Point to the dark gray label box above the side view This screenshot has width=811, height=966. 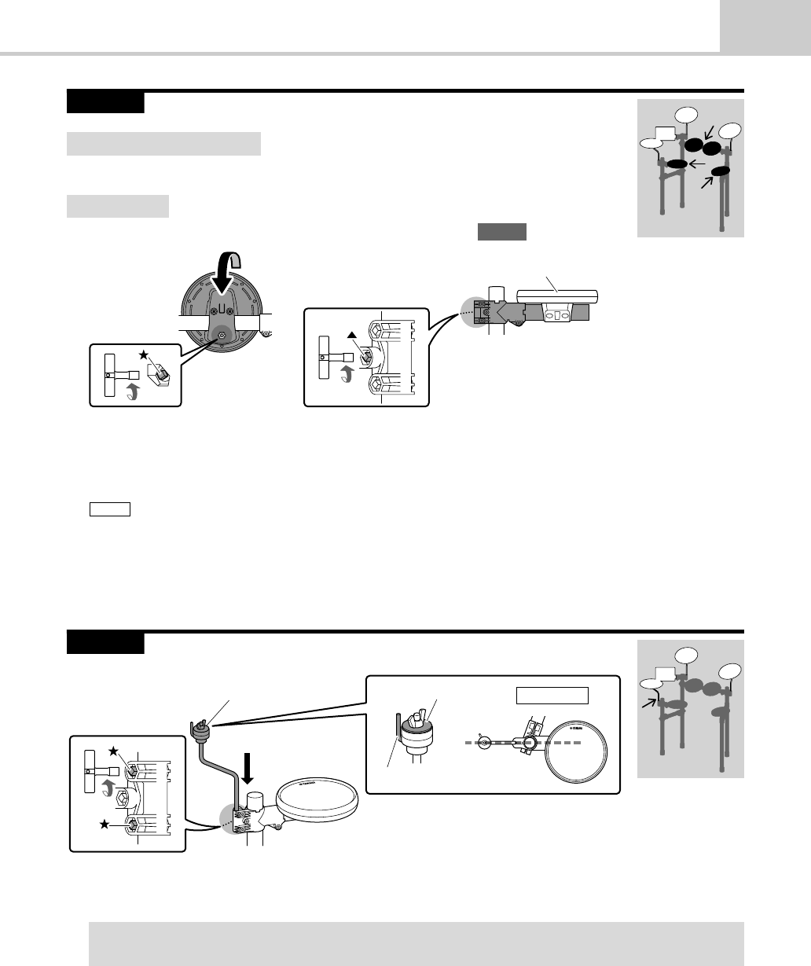pyautogui.click(x=501, y=231)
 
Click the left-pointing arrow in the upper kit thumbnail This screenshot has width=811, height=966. pyautogui.click(x=696, y=163)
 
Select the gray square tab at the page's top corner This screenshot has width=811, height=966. pyautogui.click(x=765, y=25)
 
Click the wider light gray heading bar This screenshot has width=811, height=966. pyautogui.click(x=163, y=144)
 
